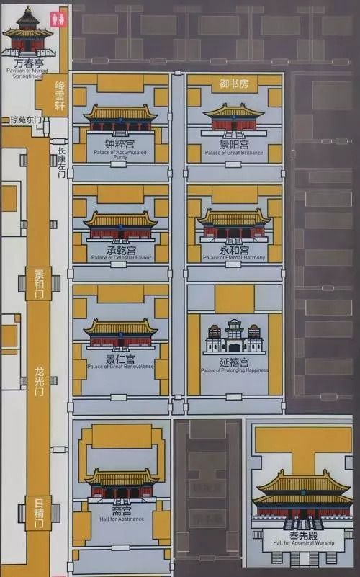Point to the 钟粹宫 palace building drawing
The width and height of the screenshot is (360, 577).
120,120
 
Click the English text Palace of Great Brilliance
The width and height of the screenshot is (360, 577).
233,153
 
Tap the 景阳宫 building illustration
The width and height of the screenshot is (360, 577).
233,120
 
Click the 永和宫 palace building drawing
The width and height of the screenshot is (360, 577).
233,225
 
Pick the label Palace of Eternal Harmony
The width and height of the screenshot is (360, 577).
233,257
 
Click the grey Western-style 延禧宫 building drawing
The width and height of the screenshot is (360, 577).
233,337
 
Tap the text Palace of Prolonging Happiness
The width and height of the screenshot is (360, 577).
234,370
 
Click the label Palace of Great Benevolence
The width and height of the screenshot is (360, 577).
120,367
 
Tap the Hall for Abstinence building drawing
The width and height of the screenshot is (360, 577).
121,486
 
